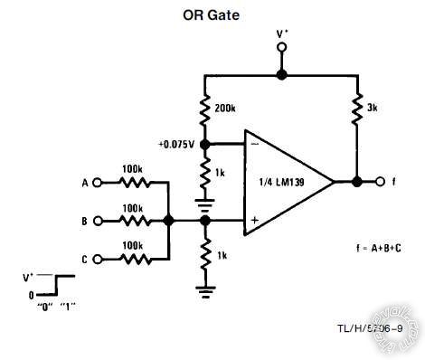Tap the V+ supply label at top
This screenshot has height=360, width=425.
pos(282,33)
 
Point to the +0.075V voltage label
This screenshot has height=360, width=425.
pos(177,144)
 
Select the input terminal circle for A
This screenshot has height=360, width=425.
pos(99,182)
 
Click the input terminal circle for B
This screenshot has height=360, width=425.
pos(99,220)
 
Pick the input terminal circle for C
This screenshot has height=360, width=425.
pos(99,259)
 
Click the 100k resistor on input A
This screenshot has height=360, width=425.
pos(133,182)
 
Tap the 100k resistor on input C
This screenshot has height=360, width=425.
pos(133,259)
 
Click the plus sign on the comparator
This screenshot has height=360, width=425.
pos(254,220)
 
